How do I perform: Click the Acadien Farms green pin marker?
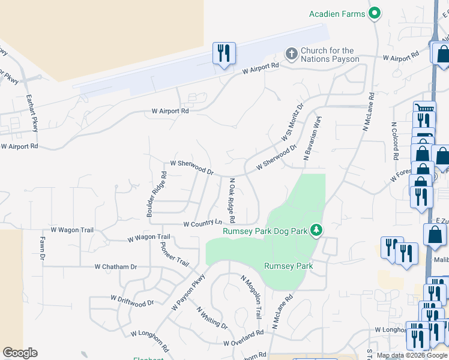376,13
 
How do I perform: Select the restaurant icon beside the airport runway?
224,53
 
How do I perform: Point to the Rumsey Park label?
289,266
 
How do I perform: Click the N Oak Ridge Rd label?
231,199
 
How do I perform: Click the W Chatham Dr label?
116,266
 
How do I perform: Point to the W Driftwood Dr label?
133,300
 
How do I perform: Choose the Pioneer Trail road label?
175,256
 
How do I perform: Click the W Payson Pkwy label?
188,292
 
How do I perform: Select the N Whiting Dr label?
212,318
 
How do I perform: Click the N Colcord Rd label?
394,141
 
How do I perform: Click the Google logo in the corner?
20,353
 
